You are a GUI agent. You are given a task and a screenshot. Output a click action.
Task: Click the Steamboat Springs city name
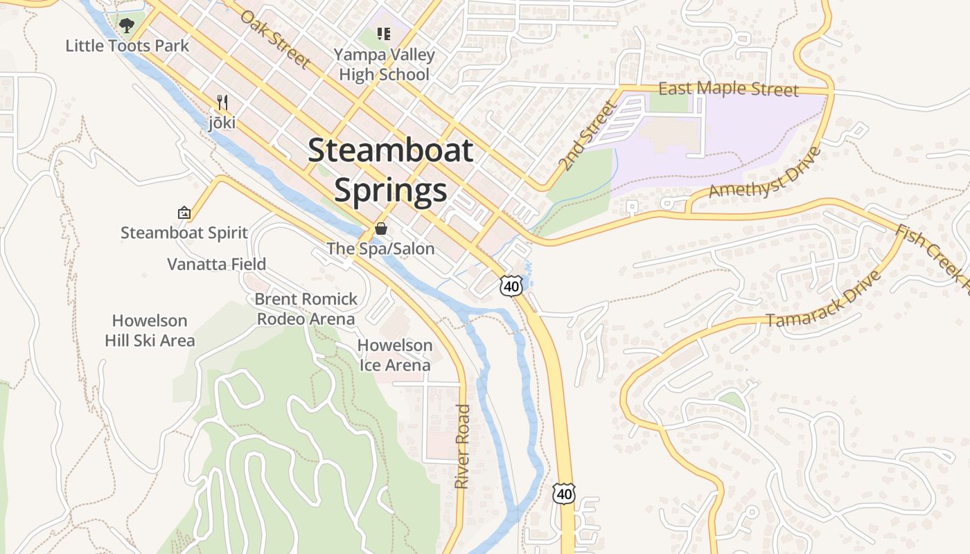click(391, 170)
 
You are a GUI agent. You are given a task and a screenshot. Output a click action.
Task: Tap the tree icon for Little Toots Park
click(126, 26)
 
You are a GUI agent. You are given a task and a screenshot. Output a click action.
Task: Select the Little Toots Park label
click(127, 46)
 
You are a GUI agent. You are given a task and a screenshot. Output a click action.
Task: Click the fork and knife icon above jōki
click(222, 102)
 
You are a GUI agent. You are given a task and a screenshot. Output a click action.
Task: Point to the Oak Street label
click(275, 38)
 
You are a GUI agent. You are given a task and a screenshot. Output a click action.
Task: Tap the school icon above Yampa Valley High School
click(384, 33)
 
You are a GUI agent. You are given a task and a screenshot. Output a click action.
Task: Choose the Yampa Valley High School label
click(384, 64)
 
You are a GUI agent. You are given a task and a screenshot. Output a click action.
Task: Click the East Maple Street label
click(728, 89)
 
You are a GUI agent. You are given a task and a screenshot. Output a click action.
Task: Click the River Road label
click(462, 447)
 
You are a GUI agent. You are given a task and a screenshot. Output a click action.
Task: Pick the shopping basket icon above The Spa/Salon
click(380, 229)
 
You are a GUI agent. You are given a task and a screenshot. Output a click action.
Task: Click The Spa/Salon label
click(380, 248)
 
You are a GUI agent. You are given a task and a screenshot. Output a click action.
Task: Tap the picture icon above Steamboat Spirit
click(184, 213)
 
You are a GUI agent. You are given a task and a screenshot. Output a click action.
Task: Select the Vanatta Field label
click(216, 264)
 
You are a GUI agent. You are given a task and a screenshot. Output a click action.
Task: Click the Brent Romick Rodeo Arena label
click(306, 309)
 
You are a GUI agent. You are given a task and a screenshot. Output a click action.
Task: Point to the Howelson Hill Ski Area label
click(150, 330)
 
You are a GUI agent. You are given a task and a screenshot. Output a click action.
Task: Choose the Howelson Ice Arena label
click(395, 355)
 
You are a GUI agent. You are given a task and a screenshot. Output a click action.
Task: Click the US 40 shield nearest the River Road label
click(564, 493)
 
